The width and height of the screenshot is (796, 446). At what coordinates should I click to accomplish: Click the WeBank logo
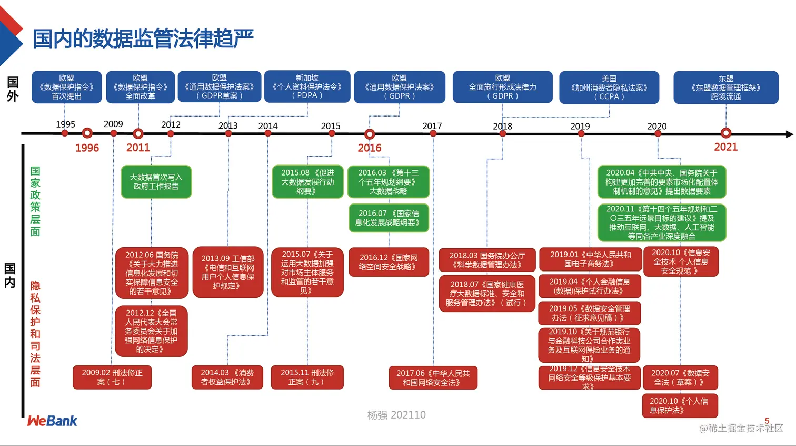52,421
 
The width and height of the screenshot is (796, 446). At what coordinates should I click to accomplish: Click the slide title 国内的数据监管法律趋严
143,39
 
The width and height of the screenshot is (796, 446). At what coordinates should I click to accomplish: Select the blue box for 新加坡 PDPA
307,86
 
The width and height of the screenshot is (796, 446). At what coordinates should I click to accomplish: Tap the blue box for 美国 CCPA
609,88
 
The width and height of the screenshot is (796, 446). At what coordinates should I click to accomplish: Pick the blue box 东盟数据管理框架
725,88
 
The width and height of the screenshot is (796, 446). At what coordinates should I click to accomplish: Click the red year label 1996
87,148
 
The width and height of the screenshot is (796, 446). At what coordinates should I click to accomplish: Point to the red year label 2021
725,147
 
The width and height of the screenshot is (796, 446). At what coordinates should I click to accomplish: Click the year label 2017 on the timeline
432,126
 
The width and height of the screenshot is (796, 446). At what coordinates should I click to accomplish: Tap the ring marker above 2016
370,134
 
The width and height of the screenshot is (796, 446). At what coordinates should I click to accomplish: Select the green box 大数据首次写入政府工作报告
156,182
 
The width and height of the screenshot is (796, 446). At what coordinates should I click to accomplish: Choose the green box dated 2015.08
307,182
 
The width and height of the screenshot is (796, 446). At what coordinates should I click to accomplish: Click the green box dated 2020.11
662,222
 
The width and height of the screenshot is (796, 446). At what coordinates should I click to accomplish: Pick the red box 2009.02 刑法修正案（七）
112,377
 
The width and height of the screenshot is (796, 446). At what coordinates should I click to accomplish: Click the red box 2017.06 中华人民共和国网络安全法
433,377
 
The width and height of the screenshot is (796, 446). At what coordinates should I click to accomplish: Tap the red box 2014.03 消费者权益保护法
227,377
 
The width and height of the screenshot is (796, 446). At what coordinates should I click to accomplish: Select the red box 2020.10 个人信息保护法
680,405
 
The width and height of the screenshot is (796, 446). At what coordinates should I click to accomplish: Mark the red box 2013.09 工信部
228,272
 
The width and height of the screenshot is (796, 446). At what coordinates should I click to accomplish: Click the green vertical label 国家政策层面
35,201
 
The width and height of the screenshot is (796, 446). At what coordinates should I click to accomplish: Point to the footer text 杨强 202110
396,415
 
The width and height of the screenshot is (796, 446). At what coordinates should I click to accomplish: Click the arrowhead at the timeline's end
789,134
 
